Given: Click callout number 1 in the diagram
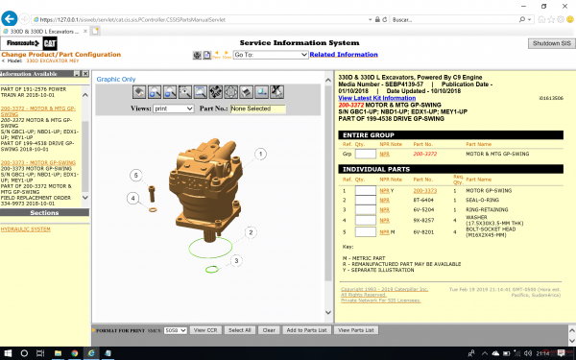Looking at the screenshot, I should (x=260, y=154).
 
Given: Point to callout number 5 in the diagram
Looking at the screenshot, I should (x=136, y=175).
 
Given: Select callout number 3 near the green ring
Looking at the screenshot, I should (x=237, y=260).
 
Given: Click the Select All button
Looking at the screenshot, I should (x=239, y=329).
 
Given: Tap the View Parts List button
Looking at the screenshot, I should (x=355, y=329).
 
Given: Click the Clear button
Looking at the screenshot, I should (x=270, y=329).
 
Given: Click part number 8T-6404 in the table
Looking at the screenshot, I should (x=422, y=199).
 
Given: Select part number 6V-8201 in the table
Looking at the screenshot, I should (x=422, y=231).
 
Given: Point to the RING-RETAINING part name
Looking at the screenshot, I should (x=487, y=207).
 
